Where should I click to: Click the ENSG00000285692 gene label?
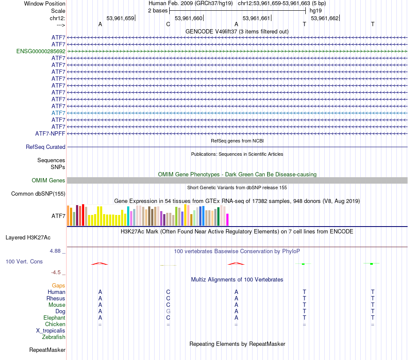(41, 51)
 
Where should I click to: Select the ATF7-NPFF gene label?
(50, 133)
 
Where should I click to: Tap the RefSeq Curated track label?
(46, 147)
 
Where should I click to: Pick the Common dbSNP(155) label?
(38, 194)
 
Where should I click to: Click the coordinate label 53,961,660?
(188, 18)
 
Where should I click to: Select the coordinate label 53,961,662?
(325, 18)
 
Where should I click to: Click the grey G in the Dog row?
(168, 311)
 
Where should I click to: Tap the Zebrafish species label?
(54, 337)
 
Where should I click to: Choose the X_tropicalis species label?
(51, 331)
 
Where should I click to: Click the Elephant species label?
(54, 318)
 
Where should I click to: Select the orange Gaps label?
(58, 285)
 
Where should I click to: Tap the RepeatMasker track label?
(47, 350)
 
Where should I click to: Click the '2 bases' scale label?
(158, 10)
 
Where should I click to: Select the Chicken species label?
(55, 324)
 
